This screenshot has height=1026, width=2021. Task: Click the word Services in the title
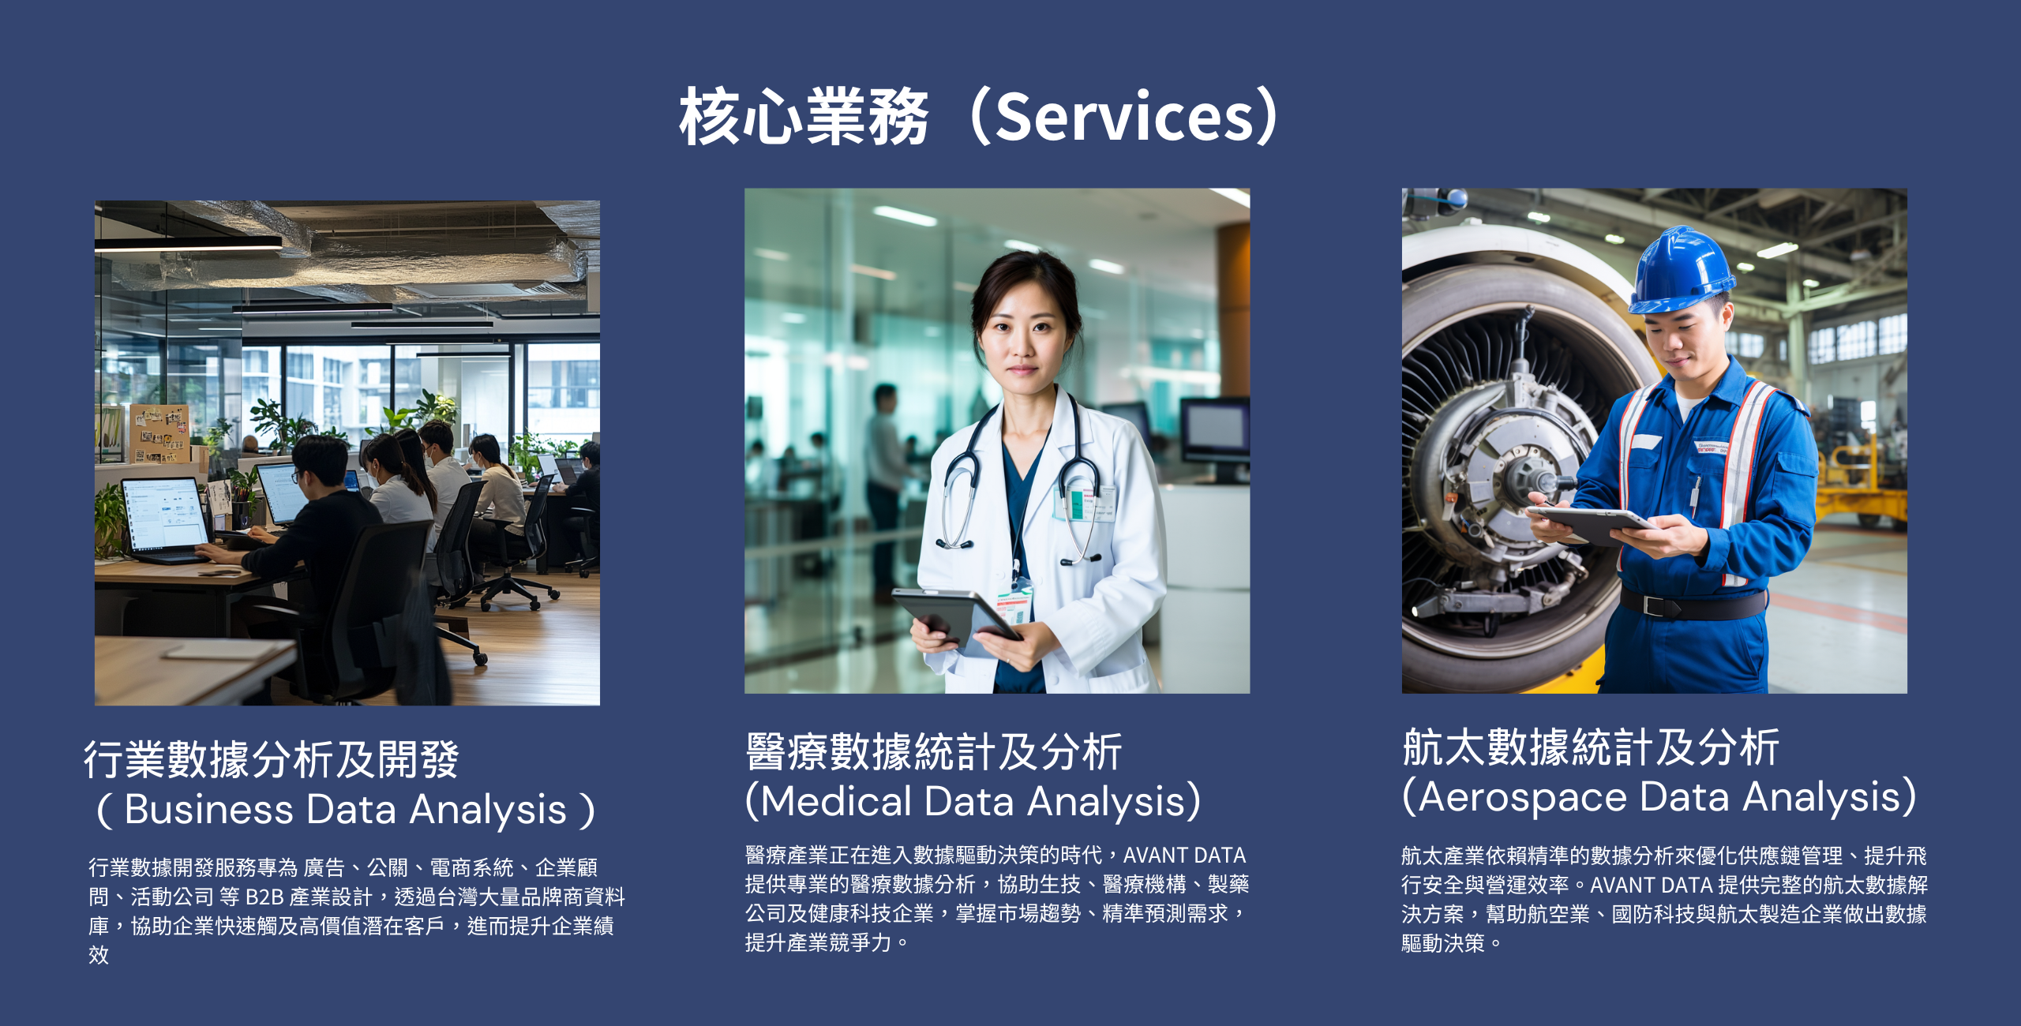[1124, 117]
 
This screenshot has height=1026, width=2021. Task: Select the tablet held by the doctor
[956, 620]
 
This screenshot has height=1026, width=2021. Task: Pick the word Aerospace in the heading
[1523, 797]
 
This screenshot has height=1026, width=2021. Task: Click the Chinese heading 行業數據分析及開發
[272, 759]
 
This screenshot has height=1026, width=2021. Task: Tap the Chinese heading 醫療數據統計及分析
[934, 751]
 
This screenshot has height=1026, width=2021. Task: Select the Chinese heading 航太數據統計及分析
[1591, 747]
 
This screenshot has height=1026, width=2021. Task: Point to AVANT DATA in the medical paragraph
[1184, 856]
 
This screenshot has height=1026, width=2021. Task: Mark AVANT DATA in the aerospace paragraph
[1652, 886]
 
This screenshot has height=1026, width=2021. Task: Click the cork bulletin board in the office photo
[159, 433]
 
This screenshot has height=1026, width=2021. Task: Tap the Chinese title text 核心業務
[804, 117]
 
